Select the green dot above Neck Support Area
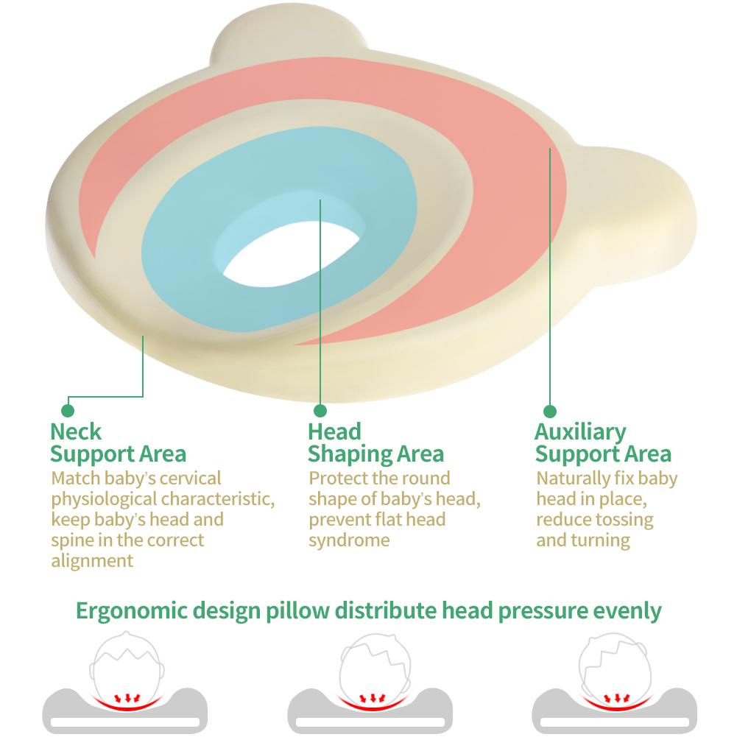(68, 410)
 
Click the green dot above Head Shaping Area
(320, 410)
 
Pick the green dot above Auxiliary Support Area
(549, 411)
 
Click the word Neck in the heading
(76, 431)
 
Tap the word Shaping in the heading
(350, 454)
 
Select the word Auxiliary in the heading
(580, 432)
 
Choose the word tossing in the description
(625, 520)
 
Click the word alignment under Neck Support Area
(92, 561)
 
